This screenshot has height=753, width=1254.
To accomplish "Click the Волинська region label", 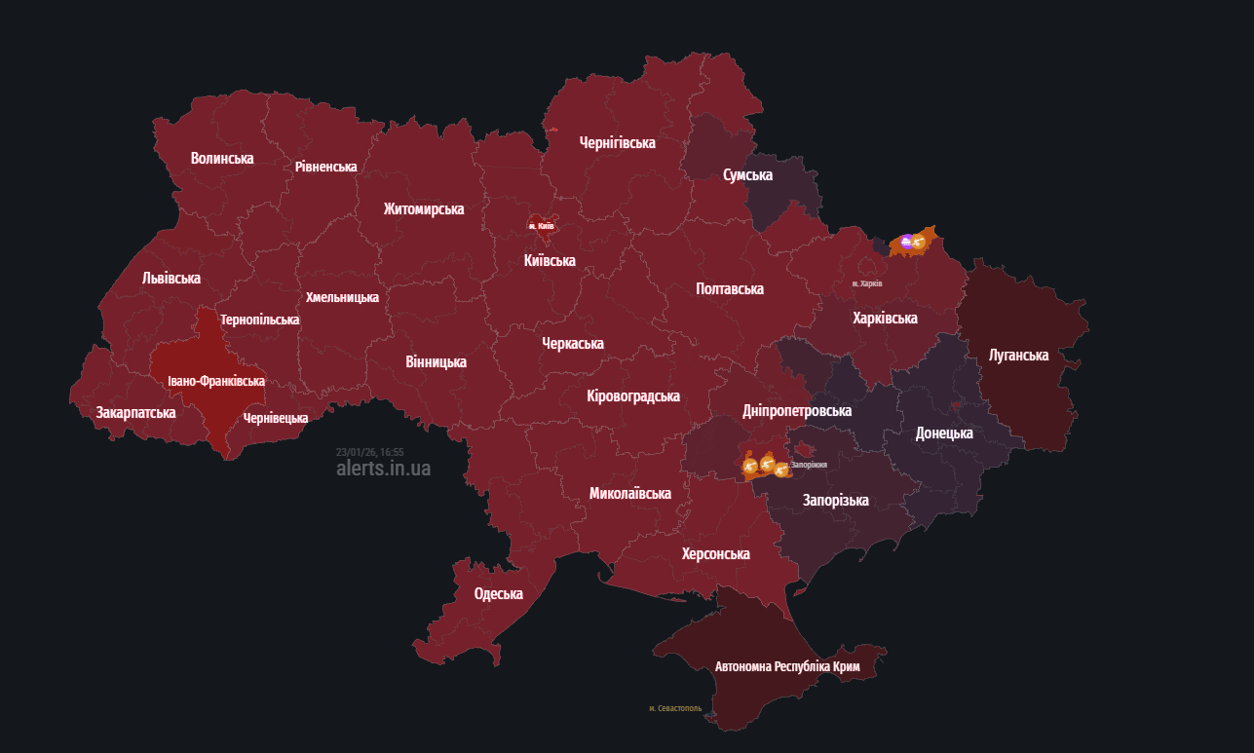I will pyautogui.click(x=222, y=158).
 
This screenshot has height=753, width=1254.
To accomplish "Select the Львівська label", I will pyautogui.click(x=171, y=278).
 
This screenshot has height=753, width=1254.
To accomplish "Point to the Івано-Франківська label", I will pyautogui.click(x=216, y=381).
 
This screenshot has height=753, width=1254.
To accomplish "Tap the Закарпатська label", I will pyautogui.click(x=135, y=412).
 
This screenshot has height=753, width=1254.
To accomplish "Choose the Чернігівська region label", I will pyautogui.click(x=617, y=142).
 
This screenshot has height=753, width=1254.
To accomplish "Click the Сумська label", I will pyautogui.click(x=747, y=174).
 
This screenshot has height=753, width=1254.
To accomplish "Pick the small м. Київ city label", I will pyautogui.click(x=541, y=226).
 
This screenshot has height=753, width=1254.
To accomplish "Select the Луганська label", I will pyautogui.click(x=1018, y=355).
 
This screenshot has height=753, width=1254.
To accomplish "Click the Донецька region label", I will pyautogui.click(x=944, y=433).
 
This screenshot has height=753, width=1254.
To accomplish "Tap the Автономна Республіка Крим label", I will pyautogui.click(x=787, y=667).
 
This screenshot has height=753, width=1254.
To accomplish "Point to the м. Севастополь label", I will pyautogui.click(x=675, y=708).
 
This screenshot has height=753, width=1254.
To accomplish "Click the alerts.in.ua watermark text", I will pyautogui.click(x=383, y=468).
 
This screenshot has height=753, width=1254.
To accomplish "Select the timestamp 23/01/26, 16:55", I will pyautogui.click(x=369, y=452).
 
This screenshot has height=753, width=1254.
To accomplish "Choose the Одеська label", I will pyautogui.click(x=498, y=593).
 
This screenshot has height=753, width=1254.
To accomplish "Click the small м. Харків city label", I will pyautogui.click(x=866, y=283).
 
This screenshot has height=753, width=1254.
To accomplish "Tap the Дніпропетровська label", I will pyautogui.click(x=797, y=410).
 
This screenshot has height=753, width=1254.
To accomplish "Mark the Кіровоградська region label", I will pyautogui.click(x=633, y=395).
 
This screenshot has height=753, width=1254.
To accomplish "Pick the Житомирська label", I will pyautogui.click(x=424, y=208).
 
